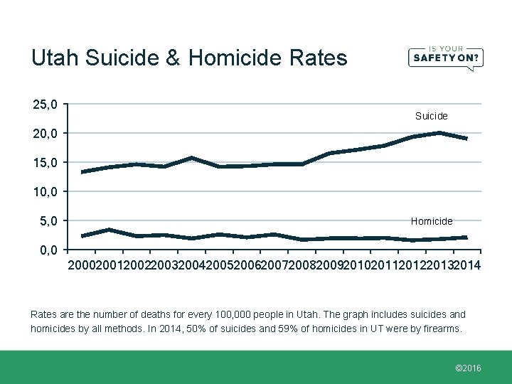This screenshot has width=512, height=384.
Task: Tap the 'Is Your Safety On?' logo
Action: tap(445, 55)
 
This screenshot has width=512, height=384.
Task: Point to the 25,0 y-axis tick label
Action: tap(46, 105)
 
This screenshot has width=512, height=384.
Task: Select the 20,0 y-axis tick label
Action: tap(46, 134)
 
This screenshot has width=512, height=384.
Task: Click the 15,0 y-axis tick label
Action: tap(46, 163)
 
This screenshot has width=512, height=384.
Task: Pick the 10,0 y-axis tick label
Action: tap(46, 192)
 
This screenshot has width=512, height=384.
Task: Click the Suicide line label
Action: tap(431, 116)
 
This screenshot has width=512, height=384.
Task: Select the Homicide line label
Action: tap(431, 221)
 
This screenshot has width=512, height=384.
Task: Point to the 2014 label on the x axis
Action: tap(466, 265)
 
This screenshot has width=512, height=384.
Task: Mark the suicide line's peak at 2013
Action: tap(439, 133)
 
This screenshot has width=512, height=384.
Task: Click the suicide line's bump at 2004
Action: tap(192, 158)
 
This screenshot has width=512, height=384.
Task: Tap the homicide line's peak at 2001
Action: tap(109, 230)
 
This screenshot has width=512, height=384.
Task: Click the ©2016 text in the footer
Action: tap(467, 368)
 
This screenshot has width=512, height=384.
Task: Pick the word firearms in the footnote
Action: tap(440, 329)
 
